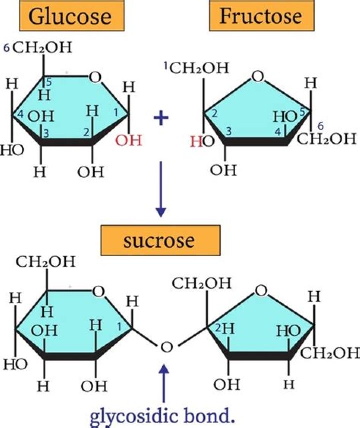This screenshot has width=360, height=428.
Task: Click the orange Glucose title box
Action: (x=72, y=16)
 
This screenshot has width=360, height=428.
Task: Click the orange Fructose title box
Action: (x=262, y=16)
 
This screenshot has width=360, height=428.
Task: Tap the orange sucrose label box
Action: (x=160, y=240)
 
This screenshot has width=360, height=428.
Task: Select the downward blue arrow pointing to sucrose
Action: (x=161, y=189)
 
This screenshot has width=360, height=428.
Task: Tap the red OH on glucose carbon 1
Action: (x=128, y=140)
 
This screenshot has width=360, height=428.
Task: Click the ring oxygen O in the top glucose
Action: (x=95, y=77)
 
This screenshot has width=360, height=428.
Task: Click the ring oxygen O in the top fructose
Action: (x=258, y=77)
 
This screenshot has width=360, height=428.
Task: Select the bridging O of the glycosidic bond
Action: (x=166, y=347)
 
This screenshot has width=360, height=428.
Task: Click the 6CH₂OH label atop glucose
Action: (x=38, y=47)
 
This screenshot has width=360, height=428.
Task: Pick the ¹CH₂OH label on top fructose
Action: (x=196, y=68)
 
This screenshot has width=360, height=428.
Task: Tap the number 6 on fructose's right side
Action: (x=320, y=126)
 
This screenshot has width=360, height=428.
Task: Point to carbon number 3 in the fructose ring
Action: (x=229, y=131)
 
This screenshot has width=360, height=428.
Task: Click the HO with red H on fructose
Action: (x=203, y=142)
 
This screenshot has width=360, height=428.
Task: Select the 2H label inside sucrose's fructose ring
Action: (x=225, y=328)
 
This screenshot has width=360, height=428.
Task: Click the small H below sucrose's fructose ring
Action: (x=289, y=385)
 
